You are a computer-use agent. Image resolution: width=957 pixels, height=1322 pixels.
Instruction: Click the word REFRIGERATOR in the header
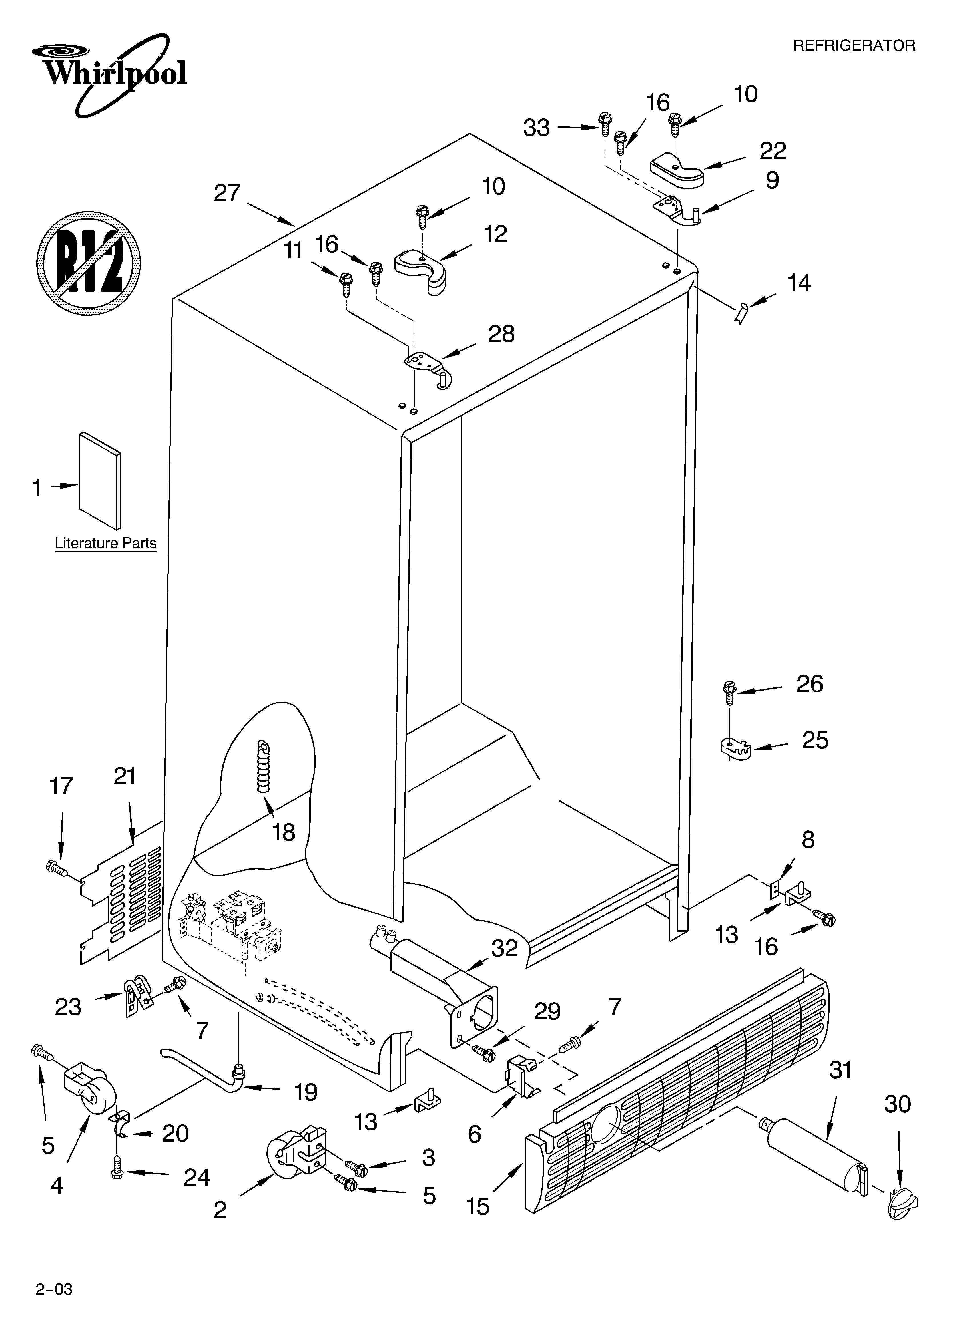coord(854,45)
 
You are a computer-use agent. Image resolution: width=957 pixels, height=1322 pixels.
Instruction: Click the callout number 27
coord(227,193)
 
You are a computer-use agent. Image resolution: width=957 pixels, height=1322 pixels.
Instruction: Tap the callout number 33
coord(536,128)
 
